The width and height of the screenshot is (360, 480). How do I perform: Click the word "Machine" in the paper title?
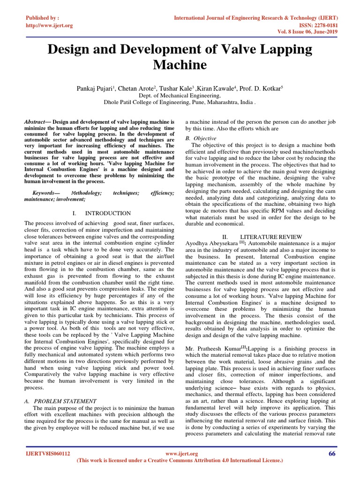pos(180,64)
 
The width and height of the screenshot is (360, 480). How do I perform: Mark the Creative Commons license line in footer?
pos(180,461)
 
